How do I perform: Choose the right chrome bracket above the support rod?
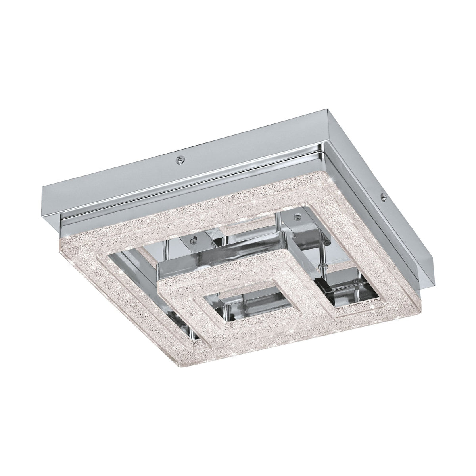305,226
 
